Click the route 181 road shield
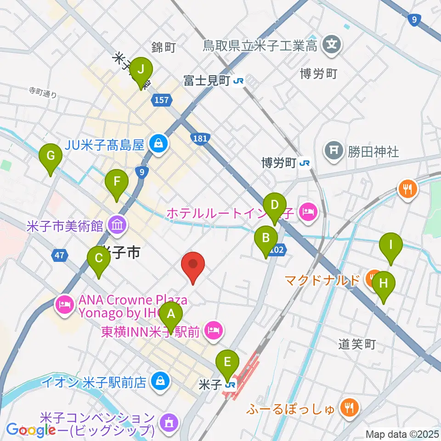pos(200,138)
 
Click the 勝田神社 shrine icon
pos(333,150)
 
